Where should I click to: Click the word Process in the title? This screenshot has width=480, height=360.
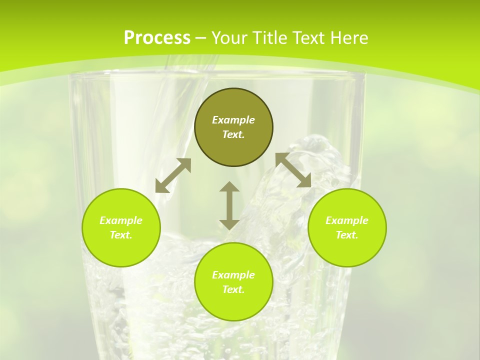coord(157,38)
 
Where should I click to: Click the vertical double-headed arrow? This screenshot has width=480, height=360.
coord(229,205)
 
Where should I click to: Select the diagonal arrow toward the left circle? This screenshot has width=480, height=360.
coord(173,175)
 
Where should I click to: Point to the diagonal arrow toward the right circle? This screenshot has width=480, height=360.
coord(293,170)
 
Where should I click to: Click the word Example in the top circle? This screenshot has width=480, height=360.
coord(233,120)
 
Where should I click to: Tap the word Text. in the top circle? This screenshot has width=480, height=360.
coord(233,134)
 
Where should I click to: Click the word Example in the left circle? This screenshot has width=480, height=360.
coord(121,220)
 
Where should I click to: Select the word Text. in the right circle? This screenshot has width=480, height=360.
coord(347,235)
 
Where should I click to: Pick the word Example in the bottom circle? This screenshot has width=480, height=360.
coord(233,275)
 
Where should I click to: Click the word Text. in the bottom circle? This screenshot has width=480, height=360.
coord(233,289)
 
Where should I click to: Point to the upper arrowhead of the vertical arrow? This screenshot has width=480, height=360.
coord(229,187)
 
